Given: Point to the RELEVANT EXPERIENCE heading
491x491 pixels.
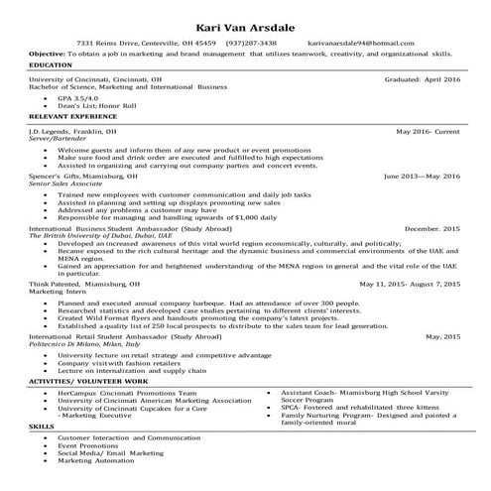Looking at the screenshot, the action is point(66,117).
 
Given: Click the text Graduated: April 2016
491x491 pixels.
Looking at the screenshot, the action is point(422,78).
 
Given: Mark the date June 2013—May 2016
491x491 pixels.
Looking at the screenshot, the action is point(423,176).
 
